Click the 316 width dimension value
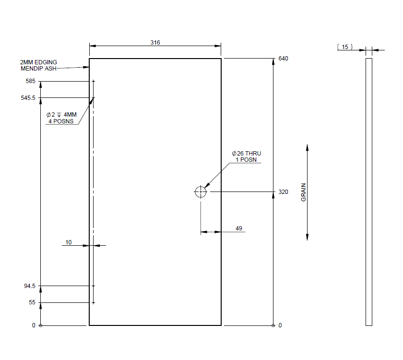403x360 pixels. click(155, 43)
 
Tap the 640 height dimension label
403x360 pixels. click(283, 59)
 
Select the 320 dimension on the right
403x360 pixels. click(283, 192)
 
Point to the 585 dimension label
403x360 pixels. click(31, 82)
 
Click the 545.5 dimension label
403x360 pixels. click(28, 98)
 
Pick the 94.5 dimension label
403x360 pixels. click(30, 286)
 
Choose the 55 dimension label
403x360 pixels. click(32, 303)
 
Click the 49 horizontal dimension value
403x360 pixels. click(239, 228)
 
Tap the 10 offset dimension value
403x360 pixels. click(69, 242)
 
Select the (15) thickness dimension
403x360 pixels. click(345, 47)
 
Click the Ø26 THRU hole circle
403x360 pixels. click(201, 192)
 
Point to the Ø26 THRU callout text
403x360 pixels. click(247, 154)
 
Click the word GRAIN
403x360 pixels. click(303, 192)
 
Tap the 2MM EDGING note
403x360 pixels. click(38, 62)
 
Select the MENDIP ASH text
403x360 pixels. click(39, 69)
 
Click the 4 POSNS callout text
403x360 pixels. click(61, 121)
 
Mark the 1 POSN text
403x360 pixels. click(246, 160)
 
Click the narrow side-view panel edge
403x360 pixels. click(368, 192)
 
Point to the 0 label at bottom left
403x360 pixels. click(34, 325)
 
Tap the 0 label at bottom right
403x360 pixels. click(280, 325)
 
